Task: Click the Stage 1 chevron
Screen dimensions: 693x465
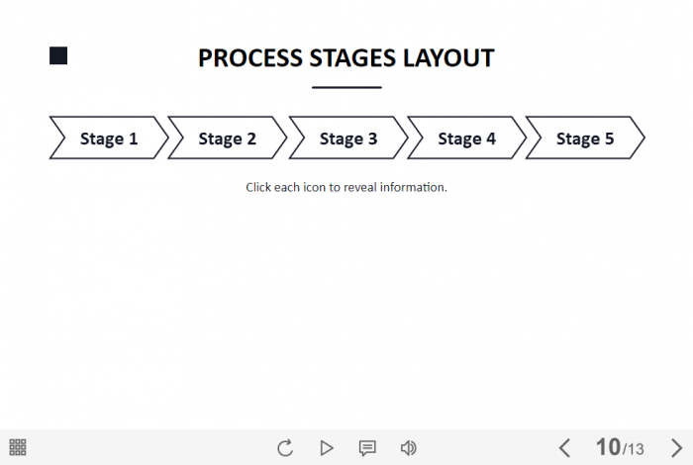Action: click(x=109, y=138)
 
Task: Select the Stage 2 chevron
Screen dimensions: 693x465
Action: click(x=227, y=138)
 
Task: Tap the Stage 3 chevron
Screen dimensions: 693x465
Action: click(x=348, y=138)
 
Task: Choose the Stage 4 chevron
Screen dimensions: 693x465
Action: click(x=466, y=138)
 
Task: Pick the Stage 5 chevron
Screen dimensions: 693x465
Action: click(x=585, y=138)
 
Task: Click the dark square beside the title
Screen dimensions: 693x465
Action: click(x=58, y=55)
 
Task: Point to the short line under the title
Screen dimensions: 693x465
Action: click(x=346, y=87)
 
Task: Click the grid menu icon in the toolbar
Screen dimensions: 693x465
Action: click(x=18, y=447)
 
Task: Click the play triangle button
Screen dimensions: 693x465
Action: click(x=327, y=448)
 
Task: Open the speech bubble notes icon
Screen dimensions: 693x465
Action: click(x=367, y=448)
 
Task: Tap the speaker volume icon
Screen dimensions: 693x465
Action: click(x=408, y=448)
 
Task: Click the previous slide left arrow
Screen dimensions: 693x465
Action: click(x=564, y=448)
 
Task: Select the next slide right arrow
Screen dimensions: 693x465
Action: click(x=676, y=448)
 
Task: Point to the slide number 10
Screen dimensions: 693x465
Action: click(x=608, y=447)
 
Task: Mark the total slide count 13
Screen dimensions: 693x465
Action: click(x=636, y=449)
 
